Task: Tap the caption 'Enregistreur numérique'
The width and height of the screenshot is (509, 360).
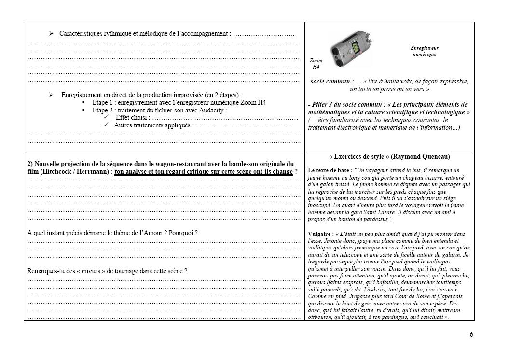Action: [x=424, y=51]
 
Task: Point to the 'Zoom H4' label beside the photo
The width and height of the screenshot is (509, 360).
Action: [x=316, y=64]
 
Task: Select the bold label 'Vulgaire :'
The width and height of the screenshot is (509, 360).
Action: [x=320, y=234]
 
